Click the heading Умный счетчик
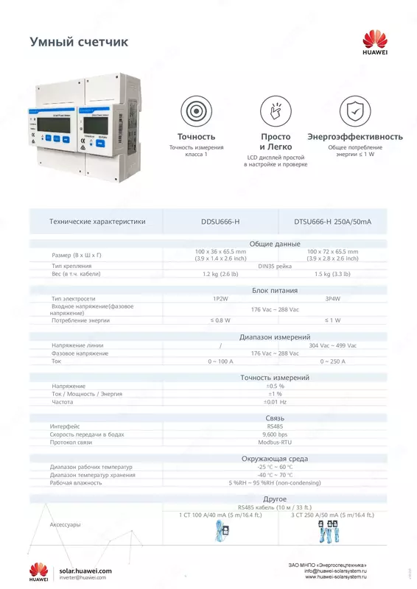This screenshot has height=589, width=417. [78, 43]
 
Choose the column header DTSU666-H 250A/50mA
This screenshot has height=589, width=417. [333, 221]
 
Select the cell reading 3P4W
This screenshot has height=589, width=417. [332, 299]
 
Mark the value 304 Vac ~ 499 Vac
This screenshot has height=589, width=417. [332, 345]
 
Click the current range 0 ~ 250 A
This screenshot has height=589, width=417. [332, 361]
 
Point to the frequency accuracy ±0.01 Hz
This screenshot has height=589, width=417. [275, 402]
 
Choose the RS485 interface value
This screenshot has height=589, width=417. [275, 426]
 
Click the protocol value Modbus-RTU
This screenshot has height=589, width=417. [275, 443]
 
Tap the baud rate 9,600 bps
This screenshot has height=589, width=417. [275, 434]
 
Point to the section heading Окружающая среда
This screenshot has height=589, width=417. [275, 458]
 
